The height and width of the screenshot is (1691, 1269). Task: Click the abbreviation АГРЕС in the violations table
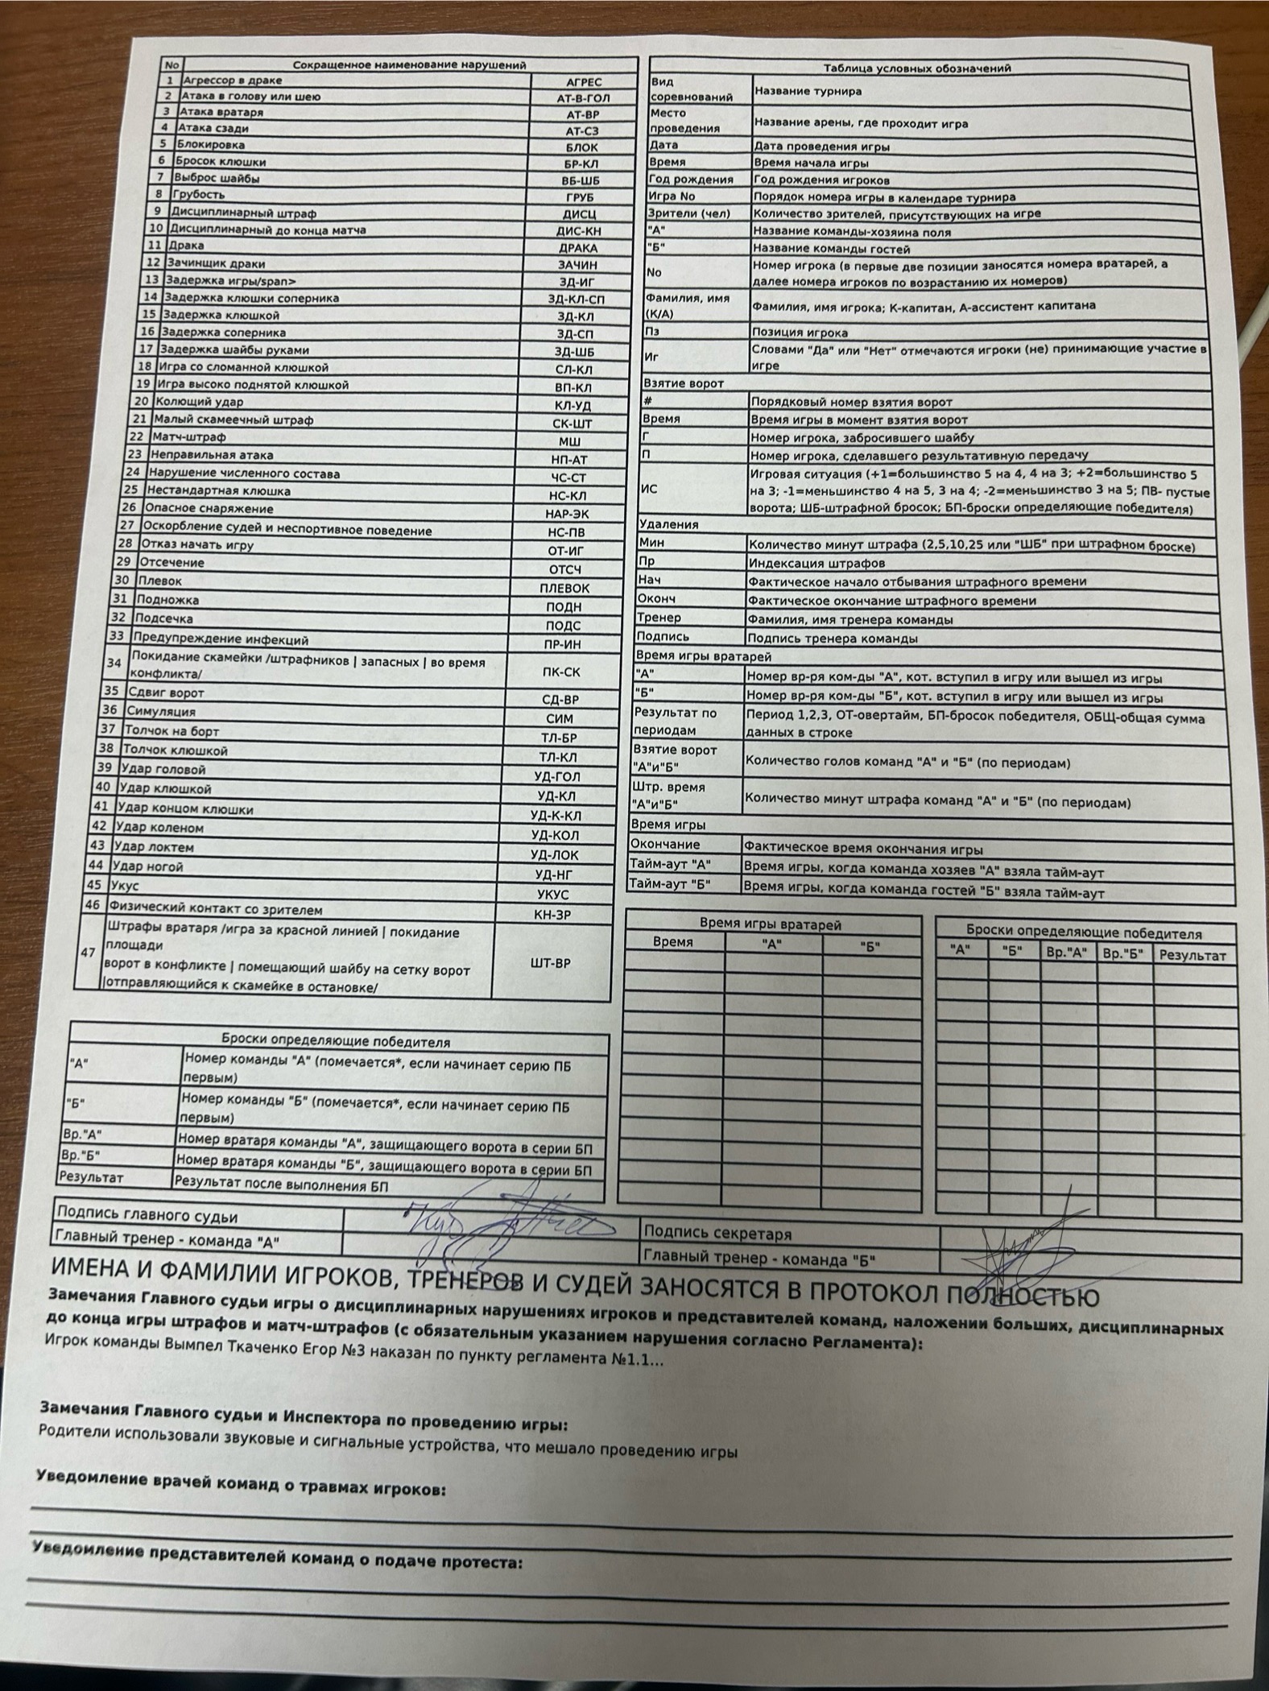click(583, 82)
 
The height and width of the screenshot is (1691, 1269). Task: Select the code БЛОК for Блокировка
click(581, 148)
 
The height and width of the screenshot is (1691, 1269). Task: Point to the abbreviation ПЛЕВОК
click(564, 589)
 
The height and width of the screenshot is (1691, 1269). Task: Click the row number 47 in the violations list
click(87, 952)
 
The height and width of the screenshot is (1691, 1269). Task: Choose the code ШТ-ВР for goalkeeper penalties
click(552, 963)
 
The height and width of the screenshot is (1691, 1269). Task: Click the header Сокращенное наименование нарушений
click(409, 65)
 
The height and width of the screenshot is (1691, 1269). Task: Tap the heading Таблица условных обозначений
click(917, 68)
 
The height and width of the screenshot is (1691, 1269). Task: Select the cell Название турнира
click(808, 91)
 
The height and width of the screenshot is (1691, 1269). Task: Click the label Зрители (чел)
click(689, 214)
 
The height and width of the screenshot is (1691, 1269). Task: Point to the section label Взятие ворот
click(683, 383)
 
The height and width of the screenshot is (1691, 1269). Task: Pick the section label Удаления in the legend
click(668, 524)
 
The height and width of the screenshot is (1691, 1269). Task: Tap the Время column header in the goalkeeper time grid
click(673, 941)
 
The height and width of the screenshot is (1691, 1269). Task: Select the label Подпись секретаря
click(706, 1233)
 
